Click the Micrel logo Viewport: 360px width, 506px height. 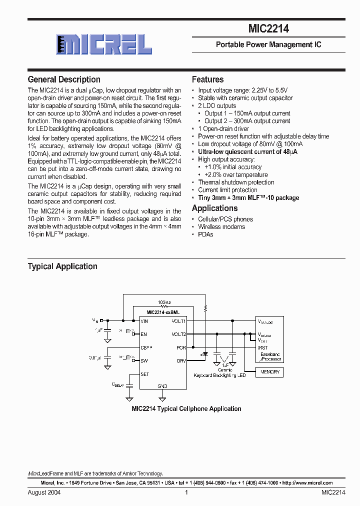coord(103,44)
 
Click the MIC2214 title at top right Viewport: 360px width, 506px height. coord(268,29)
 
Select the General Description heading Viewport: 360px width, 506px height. coord(64,79)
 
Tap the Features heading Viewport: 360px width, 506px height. coord(208,79)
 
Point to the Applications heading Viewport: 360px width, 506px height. coord(215,208)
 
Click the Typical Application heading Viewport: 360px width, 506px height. coord(62,266)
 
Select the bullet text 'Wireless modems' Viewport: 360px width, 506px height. coord(221,227)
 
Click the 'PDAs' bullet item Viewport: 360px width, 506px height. coord(205,234)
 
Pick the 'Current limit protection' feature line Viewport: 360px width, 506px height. coord(227,190)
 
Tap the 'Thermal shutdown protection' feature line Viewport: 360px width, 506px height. coord(236,182)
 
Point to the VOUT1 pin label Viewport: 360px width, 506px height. coord(178,321)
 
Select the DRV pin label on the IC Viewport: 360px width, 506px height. coord(181,360)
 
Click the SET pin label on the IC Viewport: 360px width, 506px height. coord(145,374)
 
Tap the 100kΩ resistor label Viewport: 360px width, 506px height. coord(164,302)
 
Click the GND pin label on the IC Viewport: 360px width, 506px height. coord(162,386)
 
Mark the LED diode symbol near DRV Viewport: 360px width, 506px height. coord(204,354)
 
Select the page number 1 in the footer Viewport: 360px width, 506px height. coord(186,492)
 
